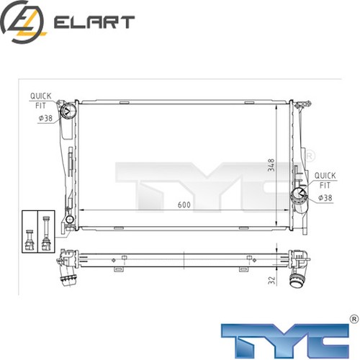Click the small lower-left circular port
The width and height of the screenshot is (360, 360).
(69, 219)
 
